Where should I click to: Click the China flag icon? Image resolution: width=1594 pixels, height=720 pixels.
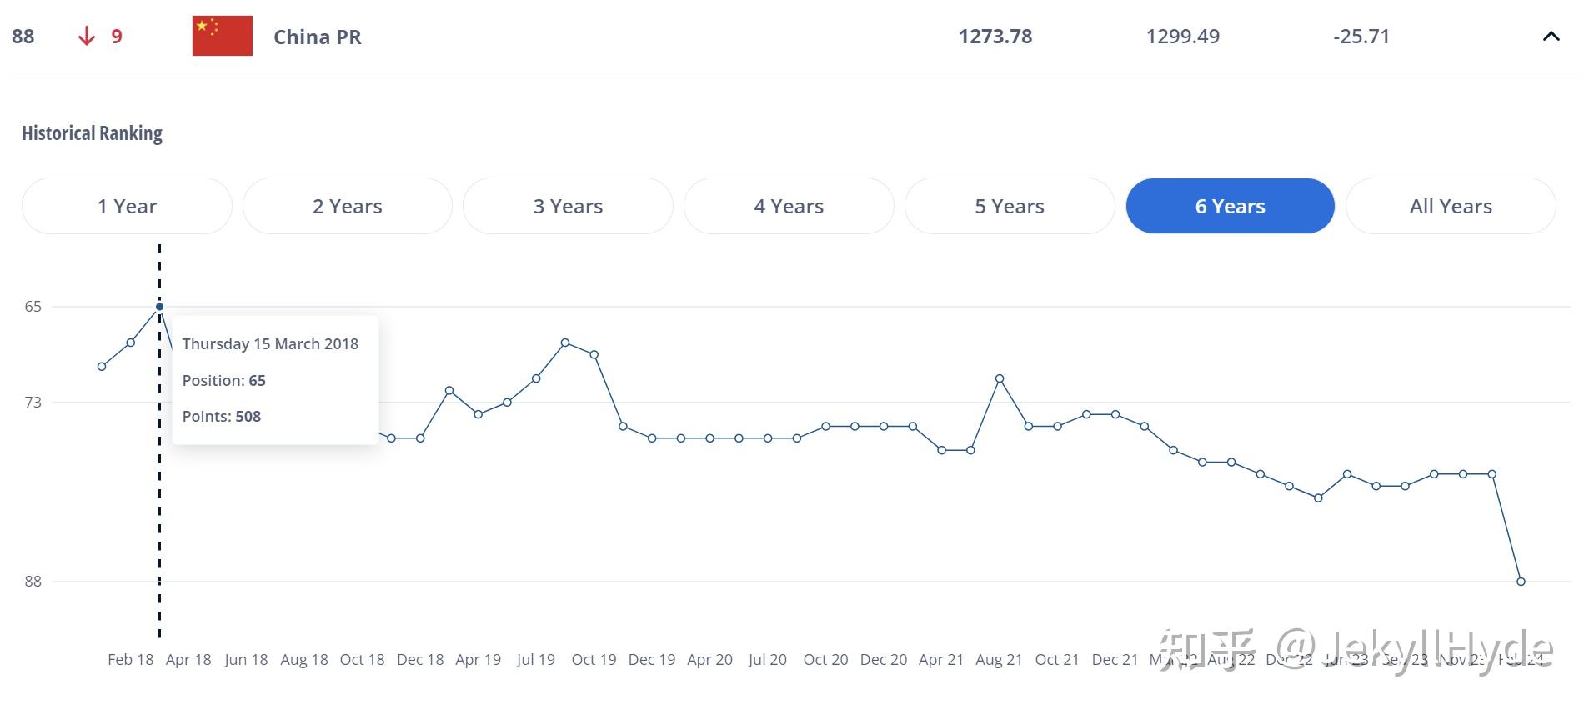(222, 36)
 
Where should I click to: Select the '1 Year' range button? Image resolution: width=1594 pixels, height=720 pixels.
(127, 206)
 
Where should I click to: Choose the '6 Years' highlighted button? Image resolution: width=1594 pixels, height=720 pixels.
(1230, 206)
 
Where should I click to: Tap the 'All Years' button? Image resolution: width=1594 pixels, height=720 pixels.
(1451, 206)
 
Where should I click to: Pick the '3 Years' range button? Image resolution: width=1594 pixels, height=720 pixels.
(568, 206)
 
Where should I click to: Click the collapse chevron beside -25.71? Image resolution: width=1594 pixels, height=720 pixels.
(1551, 36)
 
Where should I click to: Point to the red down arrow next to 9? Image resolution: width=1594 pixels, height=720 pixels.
(86, 36)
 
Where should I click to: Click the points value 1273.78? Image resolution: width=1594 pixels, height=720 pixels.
(995, 36)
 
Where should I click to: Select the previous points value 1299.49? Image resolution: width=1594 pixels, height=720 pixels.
(1182, 36)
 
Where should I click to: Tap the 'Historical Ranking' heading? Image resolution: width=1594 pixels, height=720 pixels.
(92, 133)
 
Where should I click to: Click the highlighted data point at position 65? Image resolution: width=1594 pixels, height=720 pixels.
(159, 307)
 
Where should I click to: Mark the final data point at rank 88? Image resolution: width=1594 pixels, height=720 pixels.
(1521, 582)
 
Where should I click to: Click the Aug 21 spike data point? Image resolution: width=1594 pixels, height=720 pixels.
(1000, 378)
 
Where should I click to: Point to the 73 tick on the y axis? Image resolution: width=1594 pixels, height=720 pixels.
(33, 402)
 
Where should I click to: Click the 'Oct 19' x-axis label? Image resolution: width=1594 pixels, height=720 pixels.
(594, 659)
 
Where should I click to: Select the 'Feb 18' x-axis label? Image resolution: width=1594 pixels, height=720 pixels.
(130, 659)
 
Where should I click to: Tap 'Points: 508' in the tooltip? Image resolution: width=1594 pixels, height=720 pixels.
(222, 416)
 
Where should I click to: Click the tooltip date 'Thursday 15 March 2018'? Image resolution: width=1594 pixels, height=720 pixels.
(270, 343)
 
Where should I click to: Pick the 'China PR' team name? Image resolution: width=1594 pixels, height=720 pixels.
(317, 37)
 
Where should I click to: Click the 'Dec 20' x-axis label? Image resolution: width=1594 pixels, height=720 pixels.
(883, 659)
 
